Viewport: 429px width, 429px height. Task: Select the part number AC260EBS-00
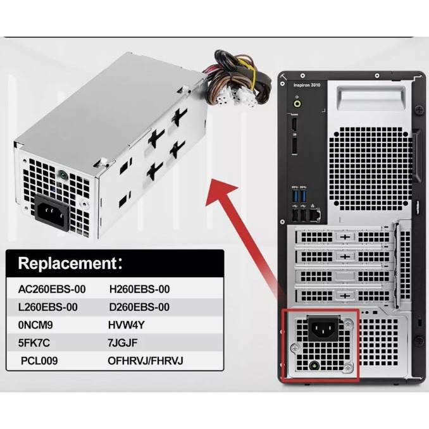[x=52, y=289]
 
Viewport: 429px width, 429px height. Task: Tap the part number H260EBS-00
[x=139, y=289]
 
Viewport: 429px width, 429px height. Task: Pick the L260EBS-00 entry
[x=48, y=307]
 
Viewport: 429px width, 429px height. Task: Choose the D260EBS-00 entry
[x=139, y=307]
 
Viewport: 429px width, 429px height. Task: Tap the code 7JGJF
[x=123, y=343]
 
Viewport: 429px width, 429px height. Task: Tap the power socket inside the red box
[x=321, y=328]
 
